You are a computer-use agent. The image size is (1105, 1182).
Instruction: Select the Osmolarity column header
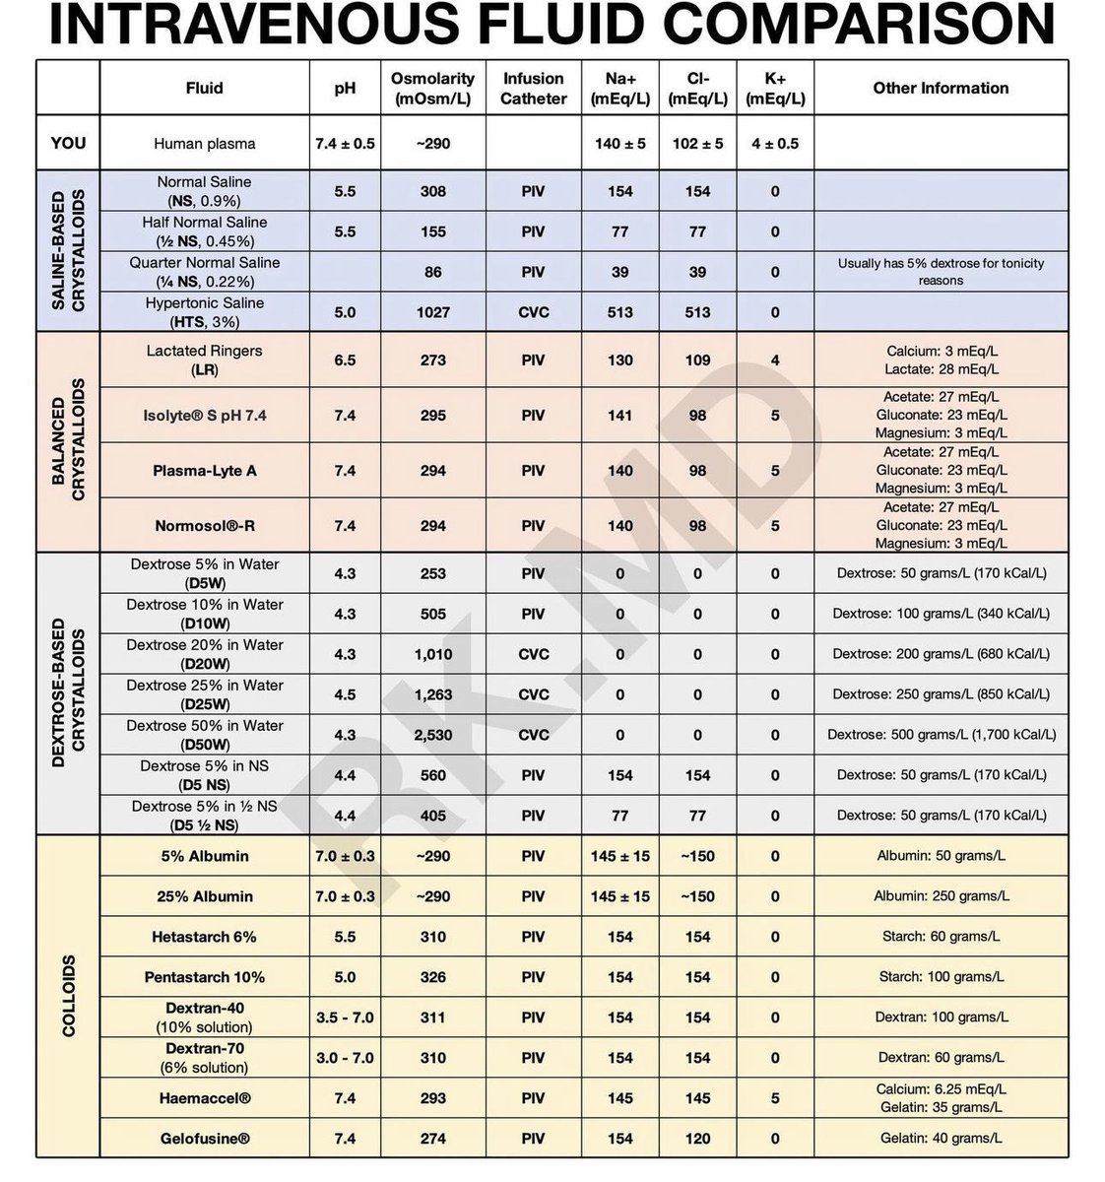[432, 88]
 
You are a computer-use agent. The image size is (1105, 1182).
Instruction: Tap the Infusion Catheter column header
[533, 88]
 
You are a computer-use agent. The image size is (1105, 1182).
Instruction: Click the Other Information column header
[941, 88]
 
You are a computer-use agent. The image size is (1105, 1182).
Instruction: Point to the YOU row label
[68, 143]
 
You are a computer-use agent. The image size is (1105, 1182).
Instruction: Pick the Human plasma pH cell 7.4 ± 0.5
[345, 143]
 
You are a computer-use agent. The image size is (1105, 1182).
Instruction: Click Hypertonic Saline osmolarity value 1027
[432, 312]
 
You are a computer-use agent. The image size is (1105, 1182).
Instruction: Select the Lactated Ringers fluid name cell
[205, 360]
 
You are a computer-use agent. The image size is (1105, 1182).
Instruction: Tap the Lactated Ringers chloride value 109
[697, 360]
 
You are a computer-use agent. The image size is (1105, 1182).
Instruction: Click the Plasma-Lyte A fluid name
[205, 471]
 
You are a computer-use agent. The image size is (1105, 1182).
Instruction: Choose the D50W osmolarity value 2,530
[432, 735]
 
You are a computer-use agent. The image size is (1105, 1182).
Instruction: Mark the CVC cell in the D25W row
[533, 694]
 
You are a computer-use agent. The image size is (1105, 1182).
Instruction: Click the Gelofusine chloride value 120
[697, 1139]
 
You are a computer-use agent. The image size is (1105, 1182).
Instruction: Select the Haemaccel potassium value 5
[775, 1098]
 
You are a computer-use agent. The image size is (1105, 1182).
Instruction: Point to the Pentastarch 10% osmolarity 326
[432, 977]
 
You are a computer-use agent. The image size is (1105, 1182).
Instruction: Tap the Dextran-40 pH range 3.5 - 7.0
[345, 1018]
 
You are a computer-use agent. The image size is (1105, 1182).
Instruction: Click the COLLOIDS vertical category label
[68, 996]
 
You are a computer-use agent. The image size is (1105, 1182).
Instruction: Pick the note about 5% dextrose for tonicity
[941, 272]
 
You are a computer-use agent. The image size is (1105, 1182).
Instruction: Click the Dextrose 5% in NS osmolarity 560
[432, 775]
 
